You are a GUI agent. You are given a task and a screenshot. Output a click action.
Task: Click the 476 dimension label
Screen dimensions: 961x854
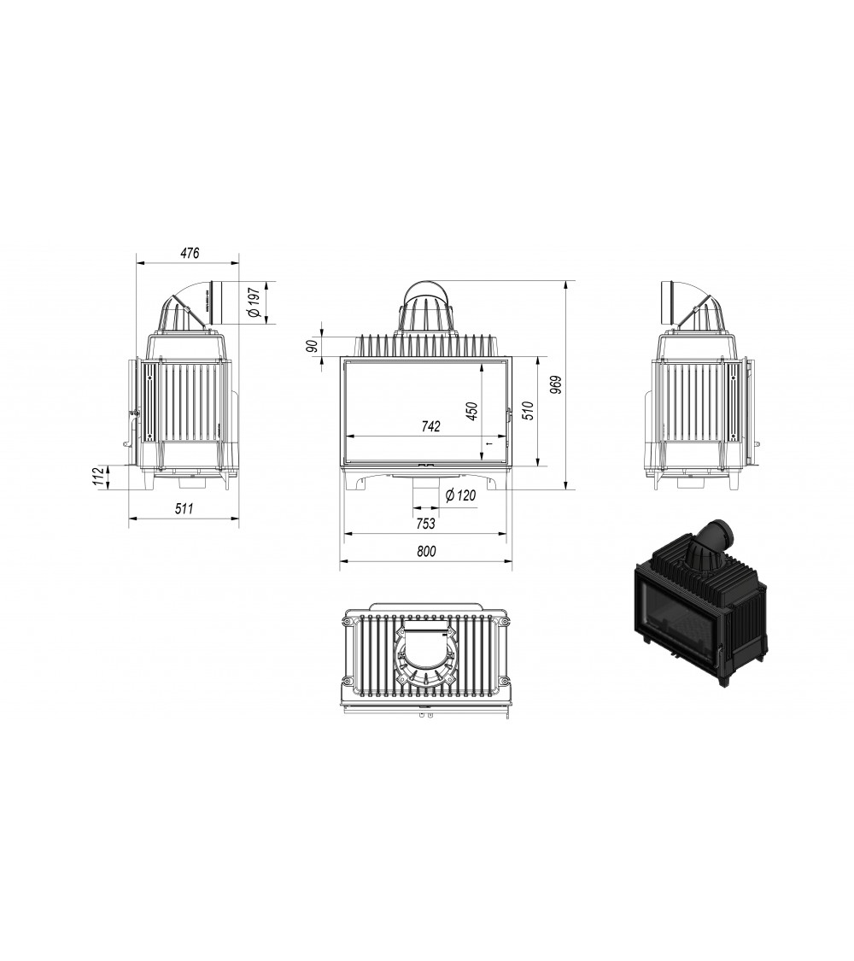click(190, 254)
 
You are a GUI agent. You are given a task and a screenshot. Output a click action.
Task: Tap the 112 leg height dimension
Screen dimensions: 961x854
click(102, 477)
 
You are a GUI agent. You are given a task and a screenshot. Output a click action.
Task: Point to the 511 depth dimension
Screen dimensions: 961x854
click(184, 508)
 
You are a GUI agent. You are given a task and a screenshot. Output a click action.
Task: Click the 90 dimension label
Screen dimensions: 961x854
click(313, 345)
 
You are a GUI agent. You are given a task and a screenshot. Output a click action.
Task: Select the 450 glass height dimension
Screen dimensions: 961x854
click(470, 411)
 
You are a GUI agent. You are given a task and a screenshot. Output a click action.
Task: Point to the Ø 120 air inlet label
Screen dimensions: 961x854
click(460, 495)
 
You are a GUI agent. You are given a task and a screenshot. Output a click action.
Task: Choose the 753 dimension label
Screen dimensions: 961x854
click(426, 523)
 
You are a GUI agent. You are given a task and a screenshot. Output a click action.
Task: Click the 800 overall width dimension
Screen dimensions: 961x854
click(426, 552)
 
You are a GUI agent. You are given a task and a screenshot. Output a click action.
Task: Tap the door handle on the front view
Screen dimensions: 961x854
click(509, 415)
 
